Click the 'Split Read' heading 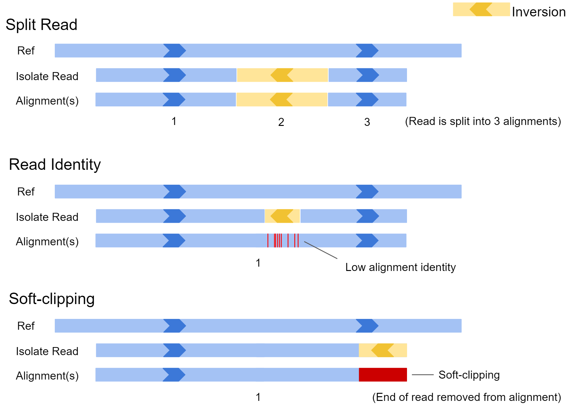click(x=41, y=25)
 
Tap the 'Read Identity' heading click(x=55, y=165)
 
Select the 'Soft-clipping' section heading click(x=52, y=299)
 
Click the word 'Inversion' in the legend click(x=539, y=12)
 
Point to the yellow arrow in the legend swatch click(x=481, y=9)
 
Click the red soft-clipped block click(x=383, y=375)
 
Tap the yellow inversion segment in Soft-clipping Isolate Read click(x=383, y=350)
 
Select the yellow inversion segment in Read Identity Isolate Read click(x=282, y=216)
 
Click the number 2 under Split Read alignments click(x=281, y=122)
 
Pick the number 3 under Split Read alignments click(x=367, y=122)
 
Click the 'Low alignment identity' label click(x=400, y=267)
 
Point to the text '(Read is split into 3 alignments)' click(x=483, y=121)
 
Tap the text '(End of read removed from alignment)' click(x=467, y=397)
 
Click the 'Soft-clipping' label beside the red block click(x=469, y=375)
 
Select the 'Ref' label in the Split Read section click(x=26, y=51)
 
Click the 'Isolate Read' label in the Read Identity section click(x=47, y=217)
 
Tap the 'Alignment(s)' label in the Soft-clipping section click(x=47, y=376)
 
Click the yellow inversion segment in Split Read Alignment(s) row click(x=282, y=100)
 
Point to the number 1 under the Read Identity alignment click(x=258, y=263)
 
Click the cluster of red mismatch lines click(x=283, y=241)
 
